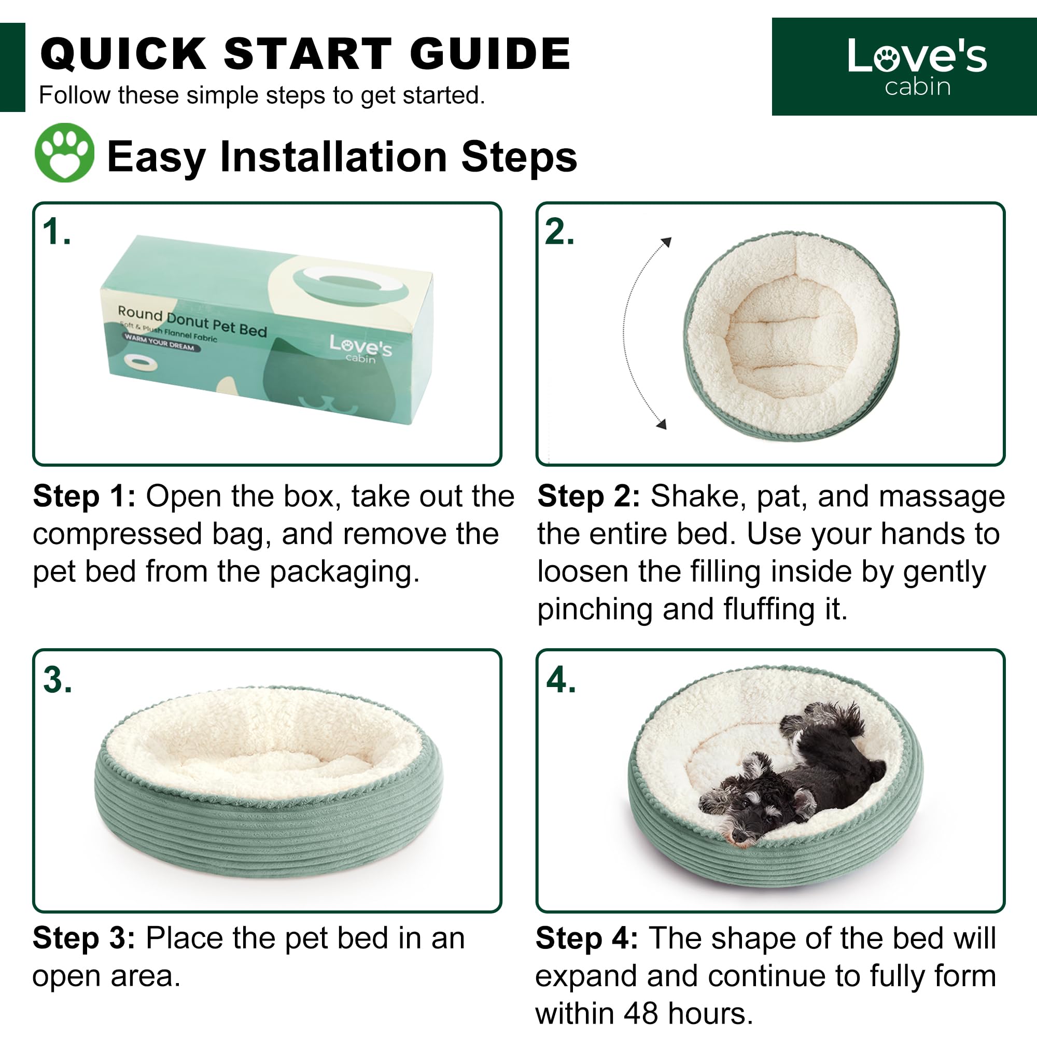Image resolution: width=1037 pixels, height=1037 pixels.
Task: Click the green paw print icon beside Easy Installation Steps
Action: tap(64, 153)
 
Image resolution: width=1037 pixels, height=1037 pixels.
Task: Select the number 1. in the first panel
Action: tap(57, 232)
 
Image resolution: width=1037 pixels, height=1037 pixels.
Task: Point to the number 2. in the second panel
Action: tap(559, 232)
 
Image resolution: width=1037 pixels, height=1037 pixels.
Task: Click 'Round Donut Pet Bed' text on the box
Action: tap(192, 320)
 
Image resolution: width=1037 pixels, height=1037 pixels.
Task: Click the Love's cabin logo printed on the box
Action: tap(361, 349)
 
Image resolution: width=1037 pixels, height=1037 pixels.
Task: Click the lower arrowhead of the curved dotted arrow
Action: tap(662, 424)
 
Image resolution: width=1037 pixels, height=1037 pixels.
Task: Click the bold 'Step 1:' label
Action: tap(85, 496)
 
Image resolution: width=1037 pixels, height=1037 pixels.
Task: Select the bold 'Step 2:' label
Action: tap(589, 496)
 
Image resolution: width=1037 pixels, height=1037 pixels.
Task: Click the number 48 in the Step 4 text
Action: tap(641, 1013)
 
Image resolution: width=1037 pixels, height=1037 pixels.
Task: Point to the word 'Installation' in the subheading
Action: tap(334, 157)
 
